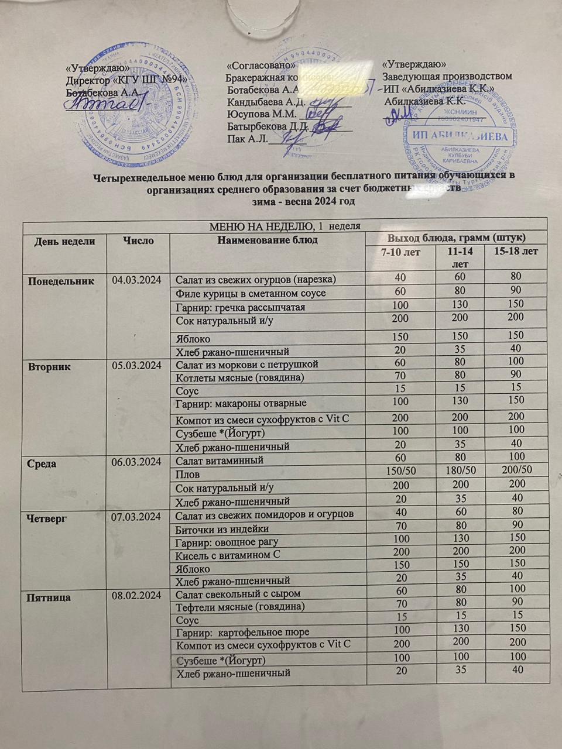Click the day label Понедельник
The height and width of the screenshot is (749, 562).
[x=61, y=280]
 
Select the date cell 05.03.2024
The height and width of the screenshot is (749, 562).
[x=136, y=366]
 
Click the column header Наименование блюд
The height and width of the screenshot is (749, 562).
[x=267, y=240]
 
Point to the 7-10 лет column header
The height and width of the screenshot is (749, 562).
[x=400, y=252]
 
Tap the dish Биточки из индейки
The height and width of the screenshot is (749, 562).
[x=223, y=529]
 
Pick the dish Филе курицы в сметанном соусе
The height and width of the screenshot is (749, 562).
[x=251, y=294]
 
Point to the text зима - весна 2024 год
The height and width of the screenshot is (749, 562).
[x=303, y=201]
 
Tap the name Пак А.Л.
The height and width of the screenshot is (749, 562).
[x=246, y=139]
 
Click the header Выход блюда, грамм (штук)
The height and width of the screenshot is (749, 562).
[x=455, y=238]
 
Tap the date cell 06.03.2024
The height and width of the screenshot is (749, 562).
[x=136, y=462]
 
